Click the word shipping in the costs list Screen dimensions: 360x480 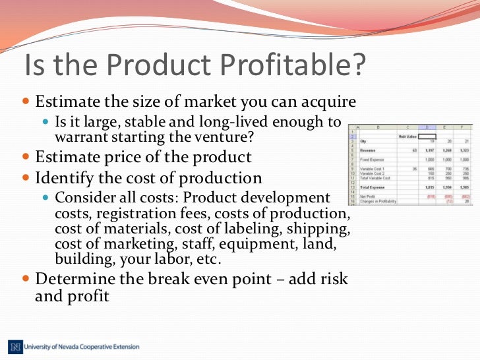[x=322, y=228]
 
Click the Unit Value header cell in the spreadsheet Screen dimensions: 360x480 [x=407, y=136]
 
